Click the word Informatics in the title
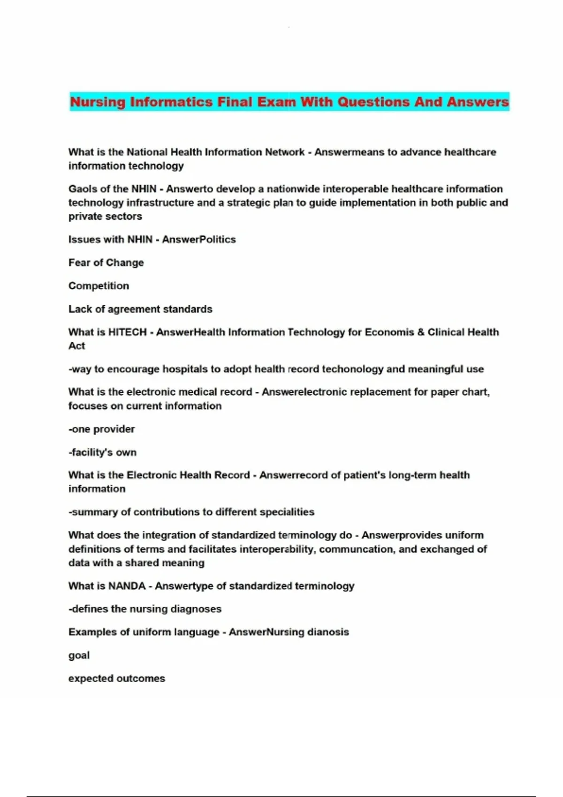pyautogui.click(x=171, y=102)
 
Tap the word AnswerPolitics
pyautogui.click(x=199, y=240)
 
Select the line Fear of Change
pyautogui.click(x=106, y=263)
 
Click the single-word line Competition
pyautogui.click(x=99, y=286)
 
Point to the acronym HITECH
pyautogui.click(x=127, y=332)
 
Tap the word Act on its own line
pyautogui.click(x=76, y=346)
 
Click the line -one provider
pyautogui.click(x=101, y=429)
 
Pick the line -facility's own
pyautogui.click(x=102, y=452)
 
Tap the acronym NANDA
pyautogui.click(x=127, y=586)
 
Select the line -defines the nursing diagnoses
pyautogui.click(x=145, y=609)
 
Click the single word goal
pyautogui.click(x=79, y=655)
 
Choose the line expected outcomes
pyautogui.click(x=116, y=678)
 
